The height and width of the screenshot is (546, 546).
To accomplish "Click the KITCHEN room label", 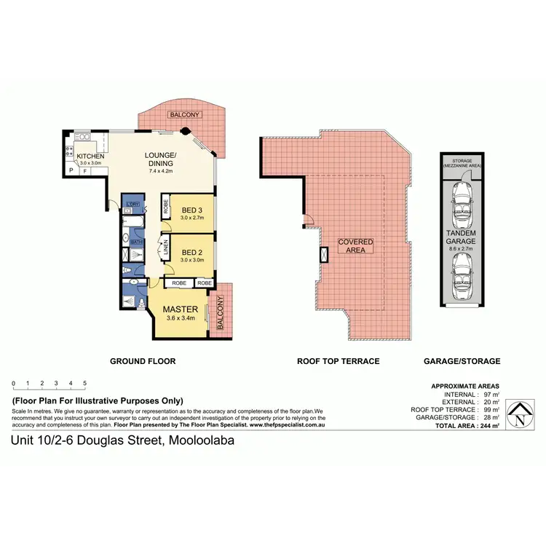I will tap(91, 157).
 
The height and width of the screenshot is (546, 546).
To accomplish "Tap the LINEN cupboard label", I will tap(166, 248).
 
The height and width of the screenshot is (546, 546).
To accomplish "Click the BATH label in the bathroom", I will tap(135, 240).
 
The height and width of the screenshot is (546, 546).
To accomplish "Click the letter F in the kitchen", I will tap(84, 170).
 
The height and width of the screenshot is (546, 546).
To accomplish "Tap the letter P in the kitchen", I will tap(71, 170).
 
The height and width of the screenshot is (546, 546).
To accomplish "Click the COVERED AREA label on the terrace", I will tap(356, 245).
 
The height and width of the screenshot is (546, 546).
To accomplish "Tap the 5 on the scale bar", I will tap(84, 383).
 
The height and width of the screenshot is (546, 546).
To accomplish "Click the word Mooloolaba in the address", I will tap(202, 440).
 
